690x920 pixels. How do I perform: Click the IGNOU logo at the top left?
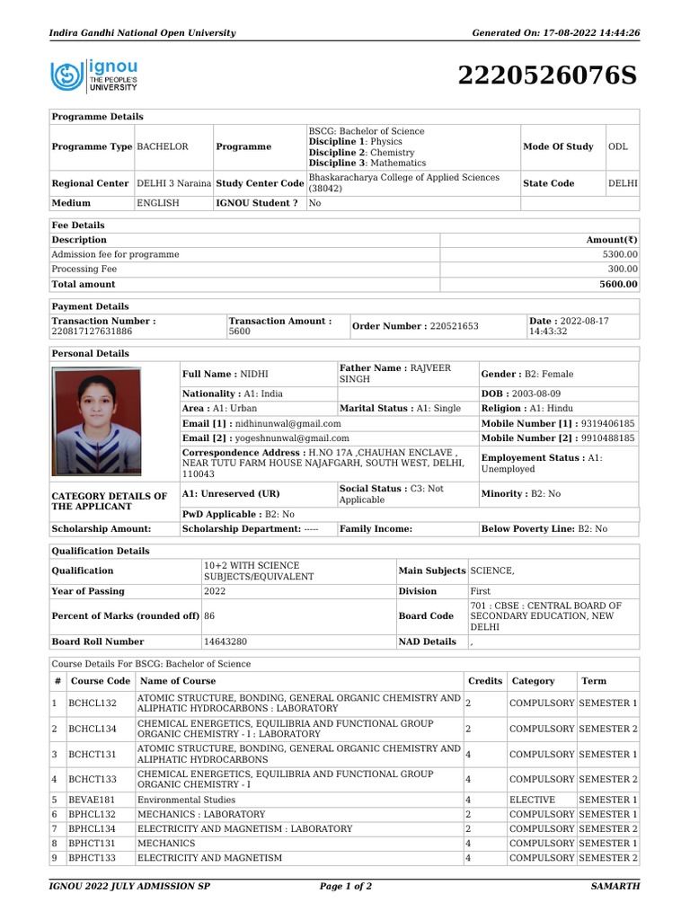pyautogui.click(x=93, y=76)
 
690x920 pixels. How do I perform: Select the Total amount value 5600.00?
pyautogui.click(x=618, y=284)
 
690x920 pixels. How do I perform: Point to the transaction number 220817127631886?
pyautogui.click(x=92, y=332)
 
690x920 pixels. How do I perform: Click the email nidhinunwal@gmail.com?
pyautogui.click(x=287, y=423)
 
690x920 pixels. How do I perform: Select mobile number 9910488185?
pyautogui.click(x=595, y=438)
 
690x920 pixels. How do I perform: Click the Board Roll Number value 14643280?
pyautogui.click(x=226, y=641)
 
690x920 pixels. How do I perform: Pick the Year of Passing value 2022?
pyautogui.click(x=215, y=591)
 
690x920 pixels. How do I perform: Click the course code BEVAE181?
pyautogui.click(x=93, y=800)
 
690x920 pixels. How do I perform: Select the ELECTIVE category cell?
pyautogui.click(x=532, y=800)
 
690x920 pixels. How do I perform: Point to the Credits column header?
pyautogui.click(x=485, y=681)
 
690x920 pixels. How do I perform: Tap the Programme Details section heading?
pyautogui.click(x=97, y=117)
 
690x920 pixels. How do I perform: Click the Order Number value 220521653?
pyautogui.click(x=454, y=326)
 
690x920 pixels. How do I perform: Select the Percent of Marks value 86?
pyautogui.click(x=209, y=616)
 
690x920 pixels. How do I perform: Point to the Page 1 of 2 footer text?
pyautogui.click(x=346, y=886)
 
